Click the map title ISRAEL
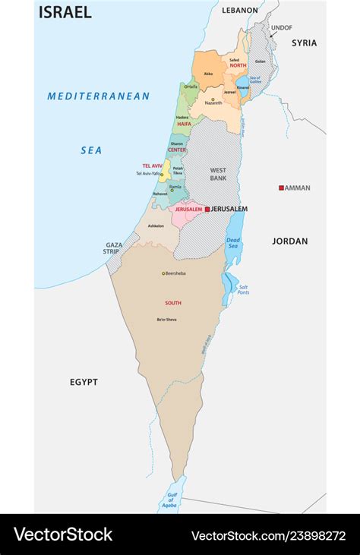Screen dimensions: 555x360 tap(65, 12)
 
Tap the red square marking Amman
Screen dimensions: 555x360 tap(281, 188)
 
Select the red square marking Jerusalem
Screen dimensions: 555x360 tap(207, 209)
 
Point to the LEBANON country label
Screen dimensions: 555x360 tap(240, 11)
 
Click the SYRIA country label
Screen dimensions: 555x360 tap(304, 43)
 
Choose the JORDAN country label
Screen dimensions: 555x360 tap(290, 241)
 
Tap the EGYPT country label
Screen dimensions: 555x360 tap(84, 382)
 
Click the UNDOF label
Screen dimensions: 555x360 tap(282, 27)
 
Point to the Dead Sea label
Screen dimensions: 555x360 tap(233, 244)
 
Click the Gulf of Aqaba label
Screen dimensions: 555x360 tap(168, 500)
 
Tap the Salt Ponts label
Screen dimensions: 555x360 tap(243, 289)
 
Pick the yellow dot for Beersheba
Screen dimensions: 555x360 tap(163, 273)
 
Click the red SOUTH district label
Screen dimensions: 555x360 tap(173, 303)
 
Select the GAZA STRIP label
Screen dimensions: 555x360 tap(113, 248)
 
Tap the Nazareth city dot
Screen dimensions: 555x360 tap(213, 99)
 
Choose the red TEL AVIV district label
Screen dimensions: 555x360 tap(152, 166)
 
